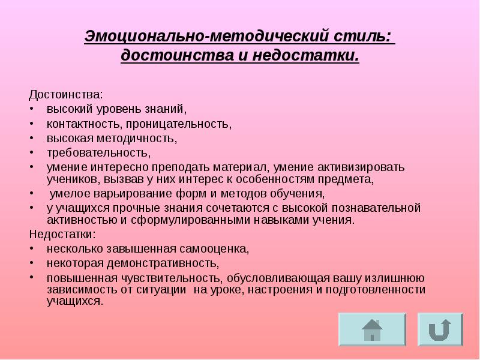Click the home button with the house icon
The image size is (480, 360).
[x=372, y=329]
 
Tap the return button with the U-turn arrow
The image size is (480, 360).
[x=440, y=329]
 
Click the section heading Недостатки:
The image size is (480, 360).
[x=62, y=234]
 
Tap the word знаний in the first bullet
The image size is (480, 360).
[x=170, y=110]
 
